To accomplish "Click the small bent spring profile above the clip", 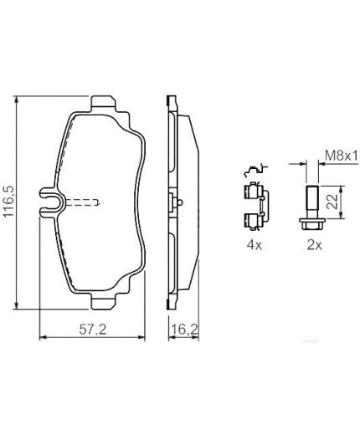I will point(255,170).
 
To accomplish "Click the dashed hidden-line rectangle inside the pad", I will point(85,202).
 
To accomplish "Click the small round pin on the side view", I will point(179,202).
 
